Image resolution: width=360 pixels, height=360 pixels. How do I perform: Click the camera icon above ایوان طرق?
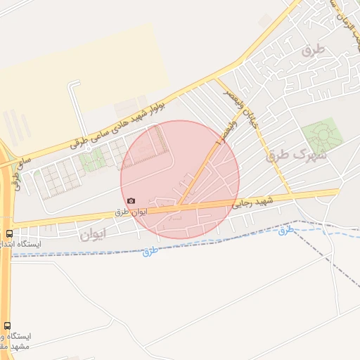click(x=131, y=201)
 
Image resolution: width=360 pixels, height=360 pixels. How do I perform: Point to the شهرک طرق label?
click(x=296, y=155)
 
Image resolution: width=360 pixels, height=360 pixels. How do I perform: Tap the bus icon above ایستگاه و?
click(x=8, y=326)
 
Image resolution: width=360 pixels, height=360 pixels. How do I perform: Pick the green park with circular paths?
click(x=322, y=136)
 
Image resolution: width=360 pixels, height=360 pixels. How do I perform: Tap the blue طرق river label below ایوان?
click(x=149, y=250)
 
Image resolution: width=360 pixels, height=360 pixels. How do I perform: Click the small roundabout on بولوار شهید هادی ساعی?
click(x=84, y=143)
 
